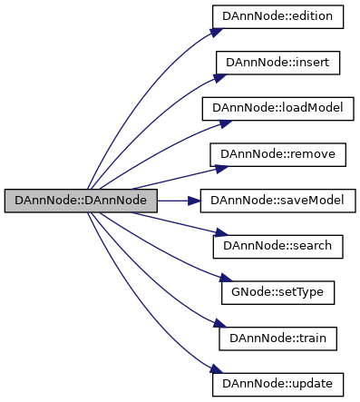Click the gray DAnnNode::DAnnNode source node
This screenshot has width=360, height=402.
click(x=82, y=201)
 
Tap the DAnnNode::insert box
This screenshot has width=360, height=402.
click(x=277, y=64)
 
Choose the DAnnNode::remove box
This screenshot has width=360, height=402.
click(x=277, y=155)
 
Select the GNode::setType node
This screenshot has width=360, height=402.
click(x=277, y=293)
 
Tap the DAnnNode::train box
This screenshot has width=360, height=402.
click(x=277, y=338)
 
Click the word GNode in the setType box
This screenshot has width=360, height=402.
click(x=248, y=293)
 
